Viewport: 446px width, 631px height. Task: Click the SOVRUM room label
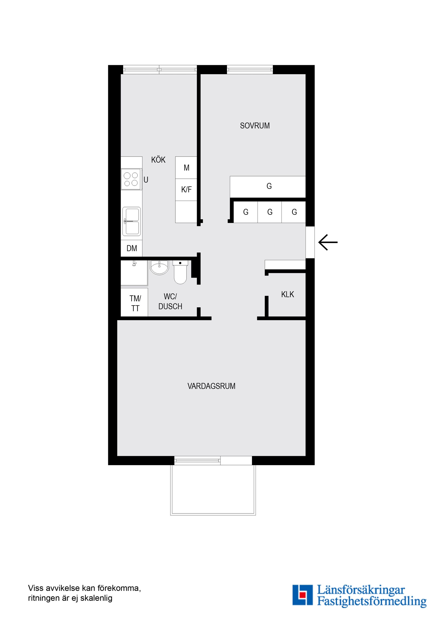point(255,126)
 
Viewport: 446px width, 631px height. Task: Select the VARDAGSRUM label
point(211,386)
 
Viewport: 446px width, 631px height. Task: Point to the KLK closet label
point(287,294)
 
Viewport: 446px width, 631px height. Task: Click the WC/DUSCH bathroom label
point(170,302)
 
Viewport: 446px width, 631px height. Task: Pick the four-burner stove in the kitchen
point(131,179)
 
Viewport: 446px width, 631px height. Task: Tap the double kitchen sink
point(131,221)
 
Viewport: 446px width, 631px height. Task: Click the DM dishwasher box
point(132,248)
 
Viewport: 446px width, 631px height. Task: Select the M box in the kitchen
point(186,168)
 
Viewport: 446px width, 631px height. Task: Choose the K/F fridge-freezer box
point(186,190)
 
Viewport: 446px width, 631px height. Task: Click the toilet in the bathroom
point(180,272)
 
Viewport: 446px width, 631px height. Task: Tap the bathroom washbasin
point(159,267)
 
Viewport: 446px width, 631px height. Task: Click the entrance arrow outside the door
point(328,242)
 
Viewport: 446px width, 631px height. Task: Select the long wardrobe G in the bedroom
point(268,187)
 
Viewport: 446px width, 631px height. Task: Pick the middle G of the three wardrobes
point(270,212)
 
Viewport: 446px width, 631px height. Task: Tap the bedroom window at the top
point(250,69)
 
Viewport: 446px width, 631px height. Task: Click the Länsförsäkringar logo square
point(302,595)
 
